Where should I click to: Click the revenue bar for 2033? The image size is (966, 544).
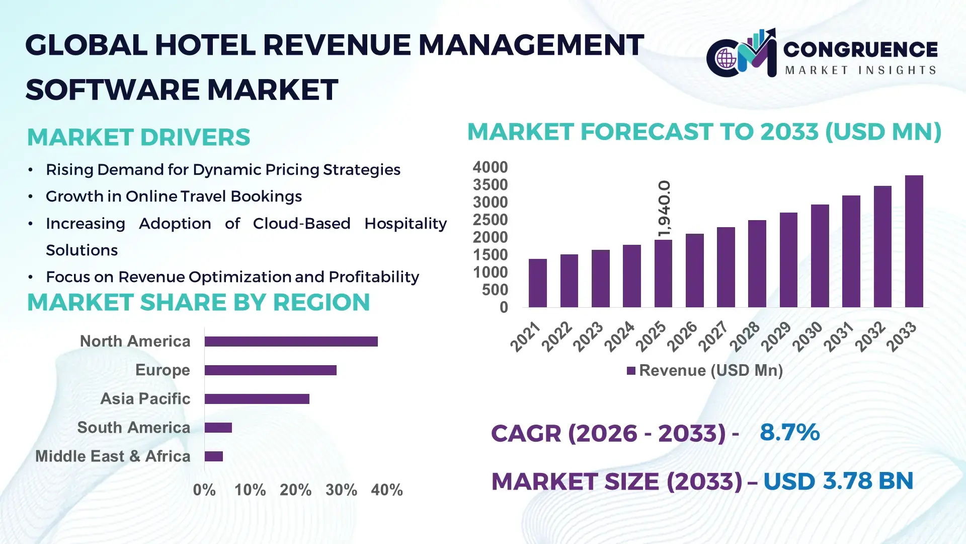click(914, 242)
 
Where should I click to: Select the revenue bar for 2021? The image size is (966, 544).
click(537, 283)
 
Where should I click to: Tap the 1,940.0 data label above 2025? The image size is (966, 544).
click(664, 208)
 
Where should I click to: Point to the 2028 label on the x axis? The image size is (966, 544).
click(745, 336)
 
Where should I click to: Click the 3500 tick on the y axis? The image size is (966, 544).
click(490, 185)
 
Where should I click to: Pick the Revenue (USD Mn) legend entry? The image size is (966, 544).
click(704, 371)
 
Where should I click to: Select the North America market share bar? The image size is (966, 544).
click(291, 342)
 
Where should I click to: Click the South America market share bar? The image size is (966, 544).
click(218, 428)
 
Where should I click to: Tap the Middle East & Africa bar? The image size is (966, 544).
click(213, 456)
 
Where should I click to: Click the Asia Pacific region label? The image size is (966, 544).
click(145, 399)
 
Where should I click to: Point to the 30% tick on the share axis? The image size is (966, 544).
click(341, 490)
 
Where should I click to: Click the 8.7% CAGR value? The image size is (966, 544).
click(789, 432)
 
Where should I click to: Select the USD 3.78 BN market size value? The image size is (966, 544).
click(838, 481)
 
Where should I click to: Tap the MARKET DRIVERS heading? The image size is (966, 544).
click(138, 138)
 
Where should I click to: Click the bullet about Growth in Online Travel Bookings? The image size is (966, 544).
click(174, 196)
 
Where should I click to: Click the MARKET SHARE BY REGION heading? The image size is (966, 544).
click(198, 303)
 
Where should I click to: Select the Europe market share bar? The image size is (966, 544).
click(270, 370)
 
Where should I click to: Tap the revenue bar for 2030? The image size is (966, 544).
click(820, 256)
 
